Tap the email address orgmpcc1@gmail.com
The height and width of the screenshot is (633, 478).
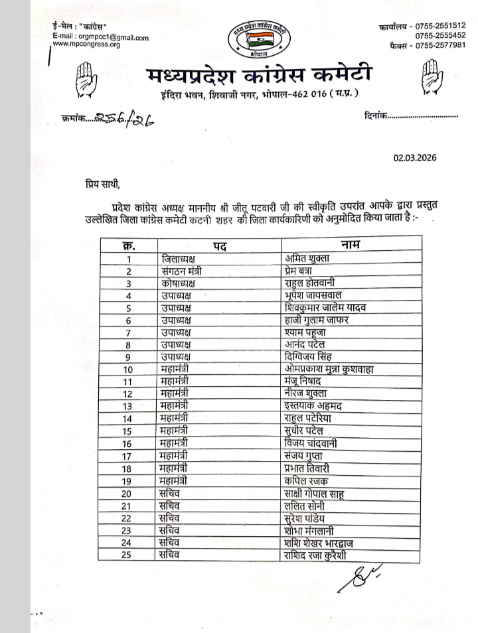pos(112,38)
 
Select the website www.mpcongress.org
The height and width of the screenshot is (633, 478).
pos(86,45)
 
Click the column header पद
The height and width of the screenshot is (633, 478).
pos(220,247)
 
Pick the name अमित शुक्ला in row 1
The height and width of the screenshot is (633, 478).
pos(306,259)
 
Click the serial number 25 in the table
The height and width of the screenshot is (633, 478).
pos(128,555)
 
